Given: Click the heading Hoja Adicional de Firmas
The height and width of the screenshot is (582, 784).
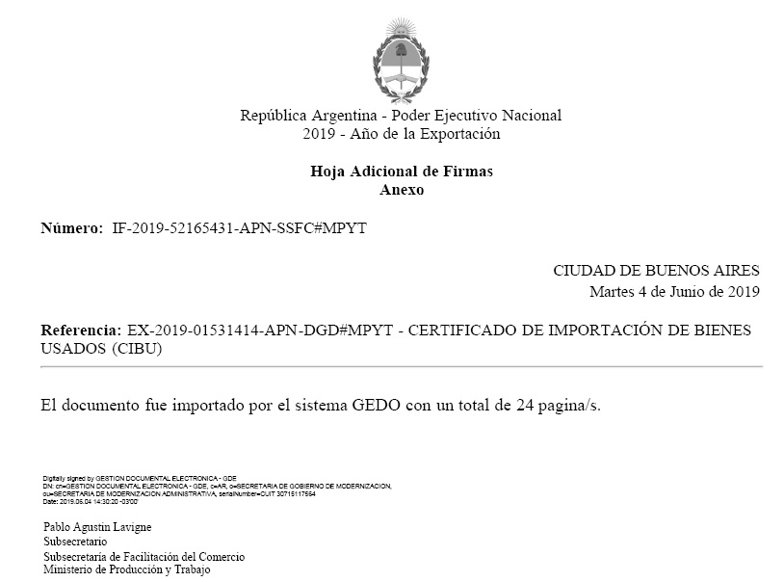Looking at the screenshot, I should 401,172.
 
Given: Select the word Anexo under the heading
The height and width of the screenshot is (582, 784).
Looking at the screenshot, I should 402,190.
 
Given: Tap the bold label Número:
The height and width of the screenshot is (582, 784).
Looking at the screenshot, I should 71,228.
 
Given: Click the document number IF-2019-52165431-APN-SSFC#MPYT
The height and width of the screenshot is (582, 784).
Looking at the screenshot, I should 240,228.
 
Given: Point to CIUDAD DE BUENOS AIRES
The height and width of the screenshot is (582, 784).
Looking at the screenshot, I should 656,271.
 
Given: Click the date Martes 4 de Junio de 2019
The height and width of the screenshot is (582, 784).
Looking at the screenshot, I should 674,291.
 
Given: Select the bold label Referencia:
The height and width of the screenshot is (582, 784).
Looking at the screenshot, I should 81,331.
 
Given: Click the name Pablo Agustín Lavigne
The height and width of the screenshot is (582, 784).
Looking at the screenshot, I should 97,527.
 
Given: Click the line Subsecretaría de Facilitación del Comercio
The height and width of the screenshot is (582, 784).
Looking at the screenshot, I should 144,557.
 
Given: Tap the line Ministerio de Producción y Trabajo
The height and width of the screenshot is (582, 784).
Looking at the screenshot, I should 126,570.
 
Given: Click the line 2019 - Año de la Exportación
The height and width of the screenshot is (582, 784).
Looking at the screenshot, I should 401,134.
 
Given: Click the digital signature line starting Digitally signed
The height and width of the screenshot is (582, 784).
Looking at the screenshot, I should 140,478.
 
